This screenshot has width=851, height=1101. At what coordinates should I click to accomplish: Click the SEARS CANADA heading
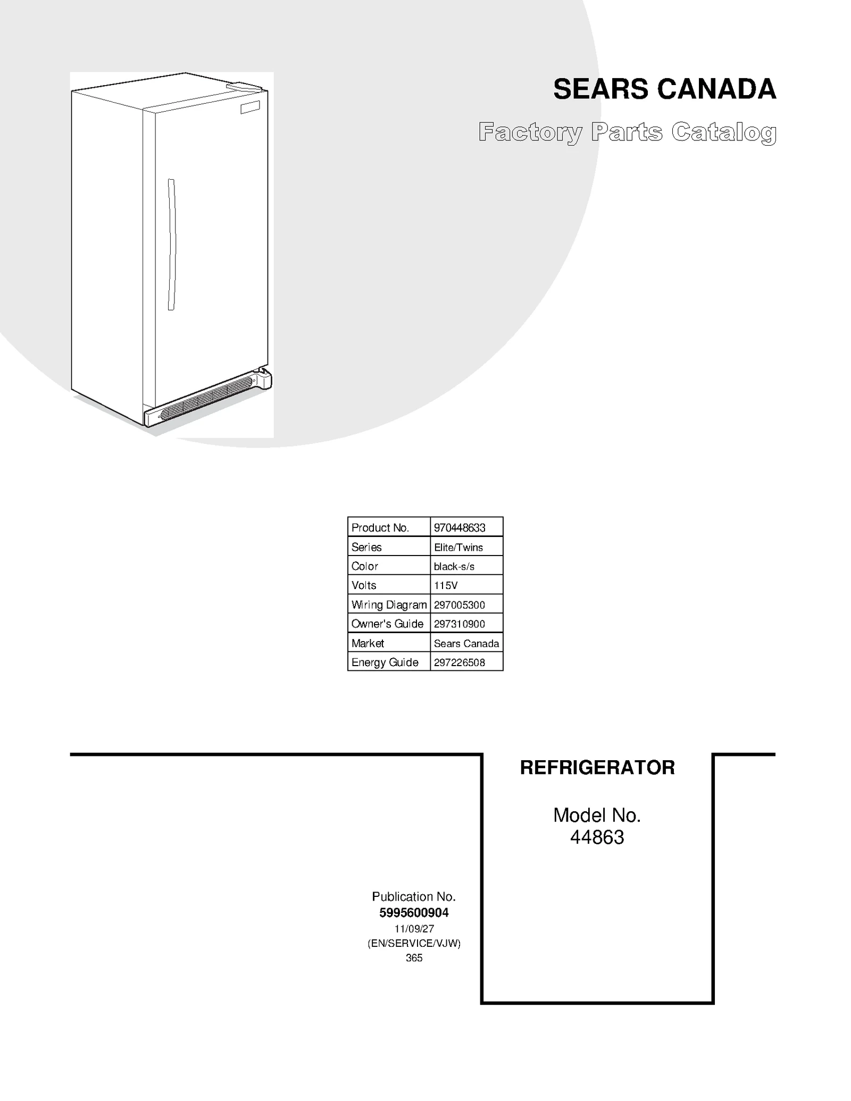point(664,89)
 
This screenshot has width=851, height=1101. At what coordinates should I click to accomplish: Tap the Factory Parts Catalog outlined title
point(627,132)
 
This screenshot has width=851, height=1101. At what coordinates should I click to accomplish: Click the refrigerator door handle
point(171,245)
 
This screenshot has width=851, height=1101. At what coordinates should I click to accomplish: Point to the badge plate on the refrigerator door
point(250,107)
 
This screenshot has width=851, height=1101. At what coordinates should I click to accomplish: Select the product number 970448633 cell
point(460,528)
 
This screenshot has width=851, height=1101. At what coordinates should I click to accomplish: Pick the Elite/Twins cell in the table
point(458,547)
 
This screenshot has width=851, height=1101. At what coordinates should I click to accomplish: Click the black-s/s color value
point(454,566)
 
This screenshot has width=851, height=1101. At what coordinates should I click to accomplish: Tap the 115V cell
point(446,585)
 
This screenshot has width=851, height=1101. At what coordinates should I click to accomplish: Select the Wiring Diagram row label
point(389,604)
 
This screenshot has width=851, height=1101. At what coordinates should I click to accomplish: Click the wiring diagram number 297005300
point(460,604)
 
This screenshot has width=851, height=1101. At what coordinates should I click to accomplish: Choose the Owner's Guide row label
point(387,624)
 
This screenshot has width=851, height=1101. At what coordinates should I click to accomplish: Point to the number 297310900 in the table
point(460,624)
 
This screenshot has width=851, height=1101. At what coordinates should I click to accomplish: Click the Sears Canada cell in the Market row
point(466,643)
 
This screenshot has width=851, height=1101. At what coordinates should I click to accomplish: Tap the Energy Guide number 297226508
point(460,662)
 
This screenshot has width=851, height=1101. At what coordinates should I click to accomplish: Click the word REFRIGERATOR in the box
point(597,768)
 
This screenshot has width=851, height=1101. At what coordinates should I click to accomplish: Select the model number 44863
point(597,837)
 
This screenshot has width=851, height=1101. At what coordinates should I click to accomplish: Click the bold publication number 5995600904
point(414,913)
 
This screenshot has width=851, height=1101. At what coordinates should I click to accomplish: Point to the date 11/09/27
point(414,929)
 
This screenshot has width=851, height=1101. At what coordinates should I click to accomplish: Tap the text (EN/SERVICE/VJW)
point(414,943)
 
